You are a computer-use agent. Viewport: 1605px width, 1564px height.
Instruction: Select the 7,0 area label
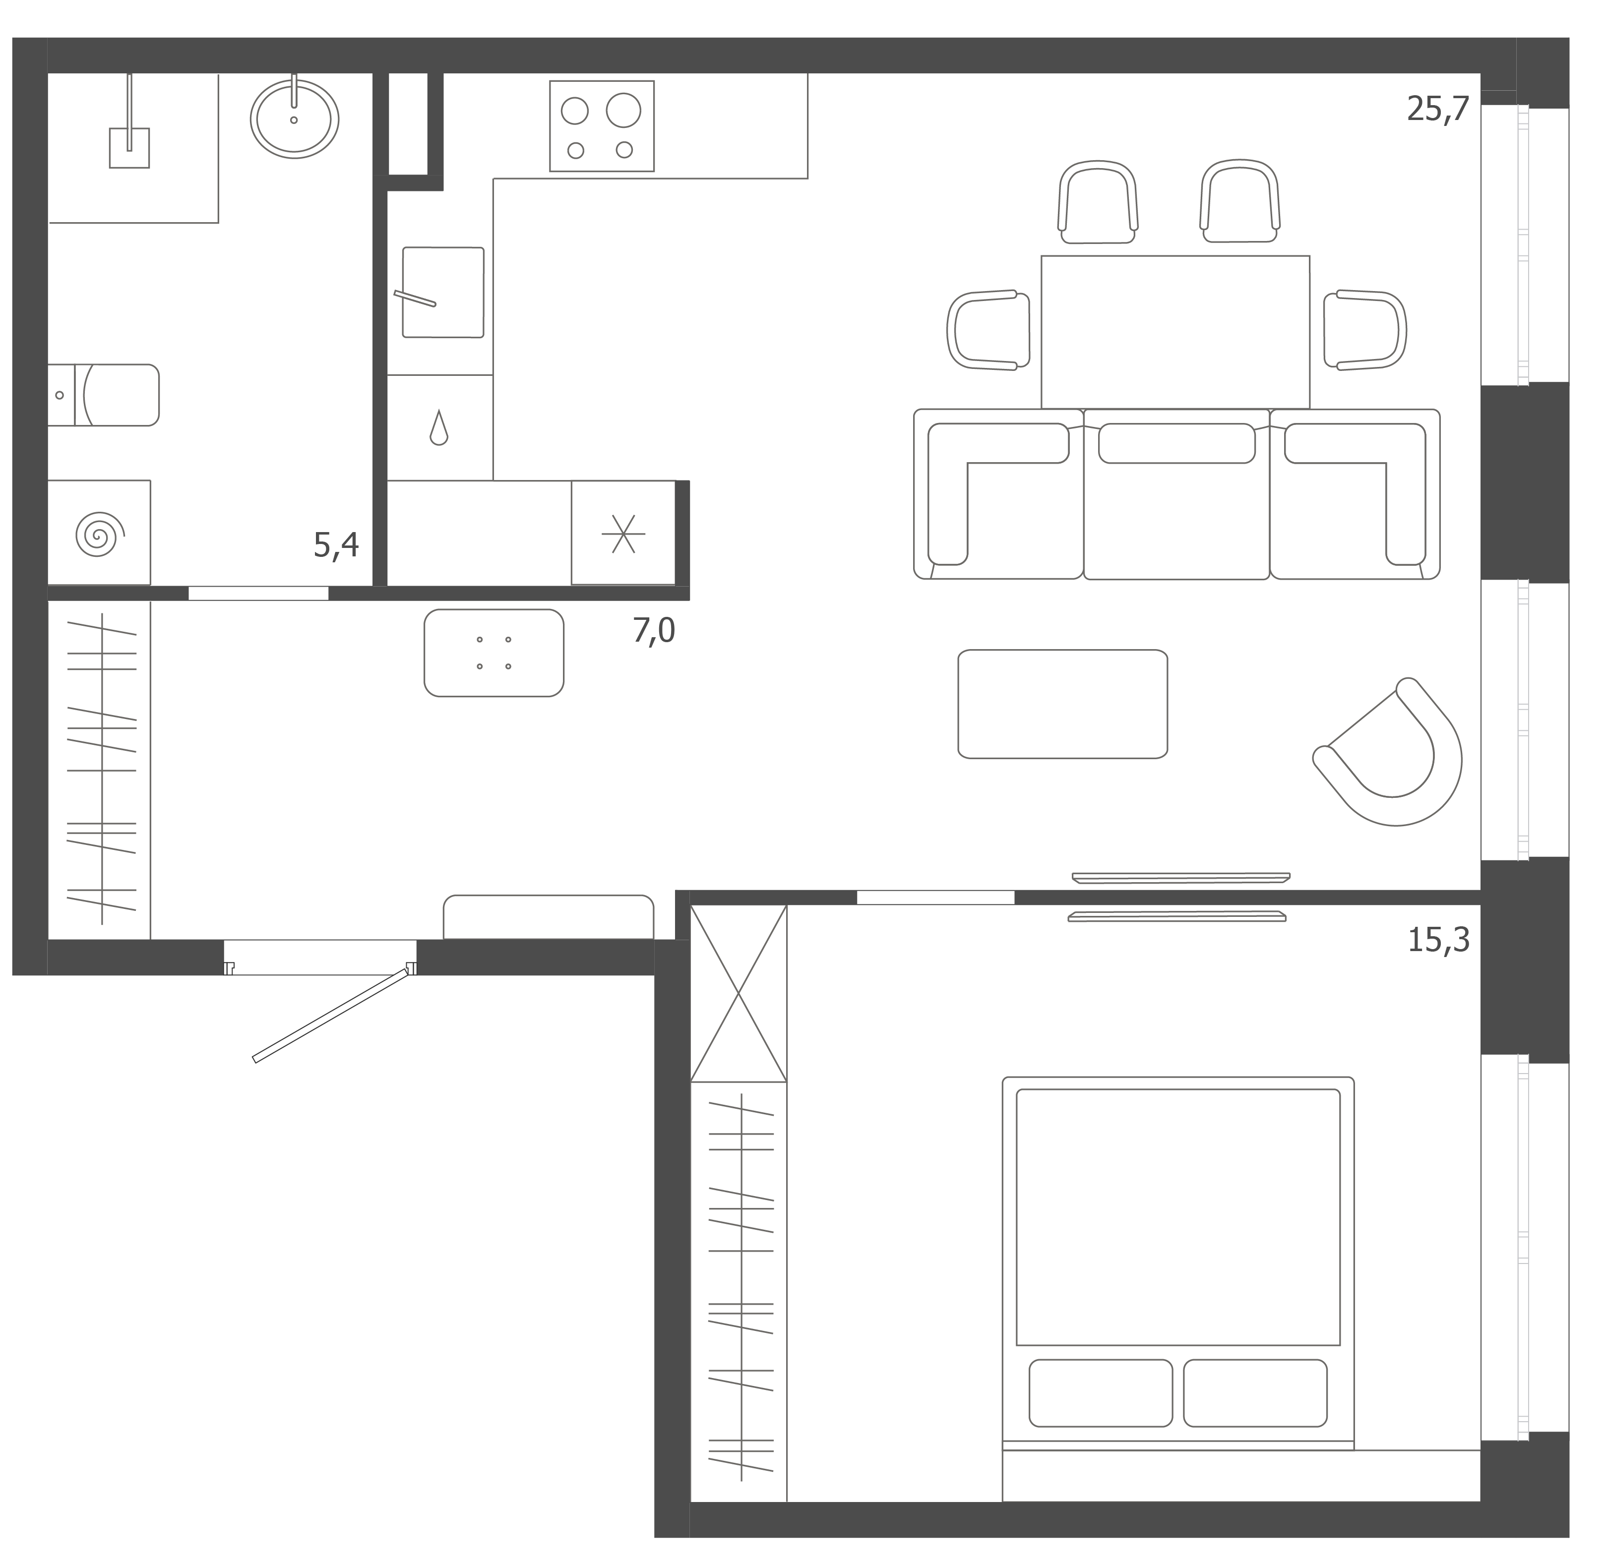pos(654,631)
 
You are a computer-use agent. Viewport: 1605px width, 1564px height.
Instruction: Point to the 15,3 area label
pos(1438,940)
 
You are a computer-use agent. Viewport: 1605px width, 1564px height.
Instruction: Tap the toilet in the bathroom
pos(103,395)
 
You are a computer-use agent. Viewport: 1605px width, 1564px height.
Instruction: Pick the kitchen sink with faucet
pos(443,293)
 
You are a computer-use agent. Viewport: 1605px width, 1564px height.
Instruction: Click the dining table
pos(1175,332)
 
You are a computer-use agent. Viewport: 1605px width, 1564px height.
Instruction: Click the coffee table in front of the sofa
pos(1063,704)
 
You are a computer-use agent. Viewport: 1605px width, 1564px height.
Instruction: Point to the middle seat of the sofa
pos(1177,494)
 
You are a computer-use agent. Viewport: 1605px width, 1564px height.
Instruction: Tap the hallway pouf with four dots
pos(494,653)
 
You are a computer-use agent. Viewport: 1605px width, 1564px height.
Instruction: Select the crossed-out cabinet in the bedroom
pos(739,994)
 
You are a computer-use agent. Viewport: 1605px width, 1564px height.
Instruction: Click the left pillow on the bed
pos(1101,1393)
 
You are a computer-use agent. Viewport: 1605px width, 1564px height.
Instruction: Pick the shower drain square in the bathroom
pos(130,148)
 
